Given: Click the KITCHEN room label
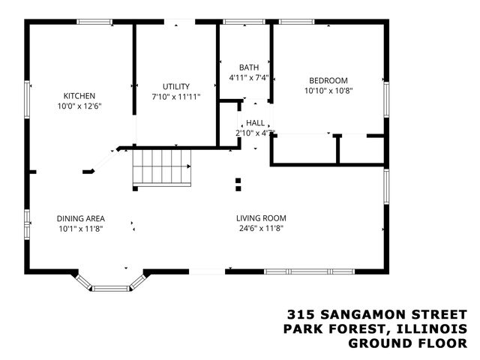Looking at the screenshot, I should click(x=79, y=96).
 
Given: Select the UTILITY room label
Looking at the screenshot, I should click(x=176, y=86).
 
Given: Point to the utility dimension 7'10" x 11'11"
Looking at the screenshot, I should click(x=176, y=97).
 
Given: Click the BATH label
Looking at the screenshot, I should click(x=248, y=67).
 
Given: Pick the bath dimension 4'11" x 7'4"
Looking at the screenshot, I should click(x=248, y=77).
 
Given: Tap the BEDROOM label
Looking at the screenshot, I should click(x=328, y=80).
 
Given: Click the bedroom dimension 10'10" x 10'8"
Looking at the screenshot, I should click(x=328, y=91).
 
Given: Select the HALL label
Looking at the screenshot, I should click(x=255, y=122).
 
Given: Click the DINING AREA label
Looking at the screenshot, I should click(x=79, y=218).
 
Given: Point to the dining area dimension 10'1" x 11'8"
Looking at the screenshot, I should click(x=79, y=229).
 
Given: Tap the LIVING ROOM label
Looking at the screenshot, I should click(x=261, y=218).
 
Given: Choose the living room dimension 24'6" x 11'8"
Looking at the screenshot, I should click(x=261, y=229).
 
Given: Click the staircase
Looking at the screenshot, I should click(x=162, y=166).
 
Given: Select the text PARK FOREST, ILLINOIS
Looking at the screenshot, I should click(x=375, y=328).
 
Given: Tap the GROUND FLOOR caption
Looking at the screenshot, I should click(x=407, y=343).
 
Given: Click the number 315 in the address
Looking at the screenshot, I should click(x=301, y=314).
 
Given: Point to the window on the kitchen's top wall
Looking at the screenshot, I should click(x=95, y=22).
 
